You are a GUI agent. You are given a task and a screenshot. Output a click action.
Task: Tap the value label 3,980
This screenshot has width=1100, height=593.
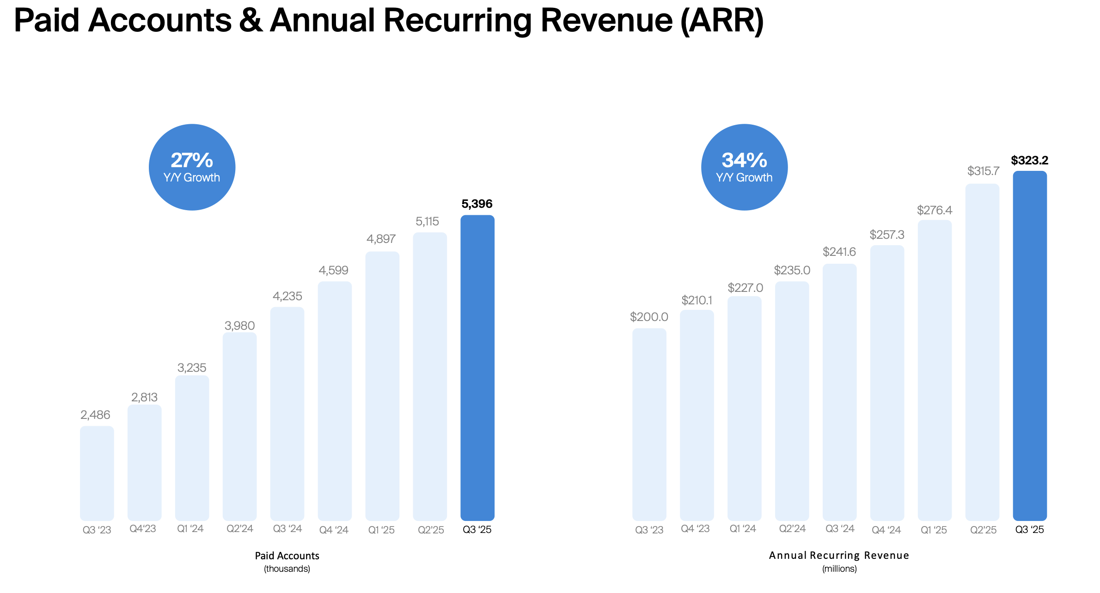pyautogui.click(x=239, y=326)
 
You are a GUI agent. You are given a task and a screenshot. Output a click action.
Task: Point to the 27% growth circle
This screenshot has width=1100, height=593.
pyautogui.click(x=192, y=167)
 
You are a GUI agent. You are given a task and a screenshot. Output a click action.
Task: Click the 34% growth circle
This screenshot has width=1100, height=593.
pyautogui.click(x=744, y=167)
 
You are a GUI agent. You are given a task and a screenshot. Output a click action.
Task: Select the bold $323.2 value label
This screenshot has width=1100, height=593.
pyautogui.click(x=1029, y=160)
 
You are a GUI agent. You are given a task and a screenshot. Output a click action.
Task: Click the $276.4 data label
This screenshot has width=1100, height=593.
pyautogui.click(x=935, y=210)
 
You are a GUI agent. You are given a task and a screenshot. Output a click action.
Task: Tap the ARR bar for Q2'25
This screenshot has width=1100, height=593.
pyautogui.click(x=982, y=351)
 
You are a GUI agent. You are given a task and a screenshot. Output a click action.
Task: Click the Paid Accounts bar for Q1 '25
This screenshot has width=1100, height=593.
pyautogui.click(x=382, y=386)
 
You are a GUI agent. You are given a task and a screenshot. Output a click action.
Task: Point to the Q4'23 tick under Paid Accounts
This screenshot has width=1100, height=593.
pyautogui.click(x=143, y=529)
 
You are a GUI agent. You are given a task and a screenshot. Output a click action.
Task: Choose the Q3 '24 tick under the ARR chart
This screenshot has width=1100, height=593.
pyautogui.click(x=840, y=529)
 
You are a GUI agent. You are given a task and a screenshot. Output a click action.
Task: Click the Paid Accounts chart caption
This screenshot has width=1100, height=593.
pyautogui.click(x=287, y=556)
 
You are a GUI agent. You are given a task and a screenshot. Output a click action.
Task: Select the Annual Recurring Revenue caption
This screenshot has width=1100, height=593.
pyautogui.click(x=839, y=555)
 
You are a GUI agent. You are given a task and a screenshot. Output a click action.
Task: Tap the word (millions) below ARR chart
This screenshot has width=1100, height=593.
pyautogui.click(x=839, y=569)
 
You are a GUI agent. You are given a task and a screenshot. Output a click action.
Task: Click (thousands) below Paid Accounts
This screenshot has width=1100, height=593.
pyautogui.click(x=287, y=569)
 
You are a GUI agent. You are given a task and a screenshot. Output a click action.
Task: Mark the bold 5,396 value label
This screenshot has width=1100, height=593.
pyautogui.click(x=477, y=204)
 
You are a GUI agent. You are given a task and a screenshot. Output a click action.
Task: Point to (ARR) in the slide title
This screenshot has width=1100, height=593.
pyautogui.click(x=722, y=20)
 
